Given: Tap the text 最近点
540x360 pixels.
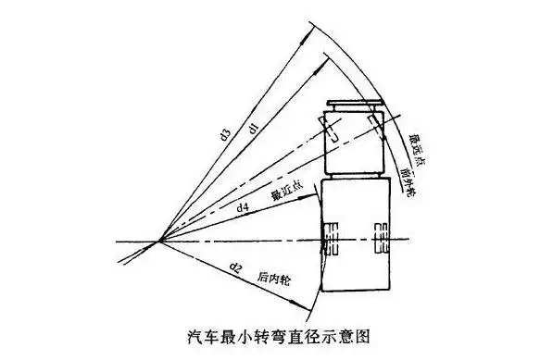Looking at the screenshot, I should tap(283, 195).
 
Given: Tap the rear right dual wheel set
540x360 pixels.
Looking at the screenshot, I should tap(380, 238).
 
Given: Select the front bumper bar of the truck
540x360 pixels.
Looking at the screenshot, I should tap(355, 102).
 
